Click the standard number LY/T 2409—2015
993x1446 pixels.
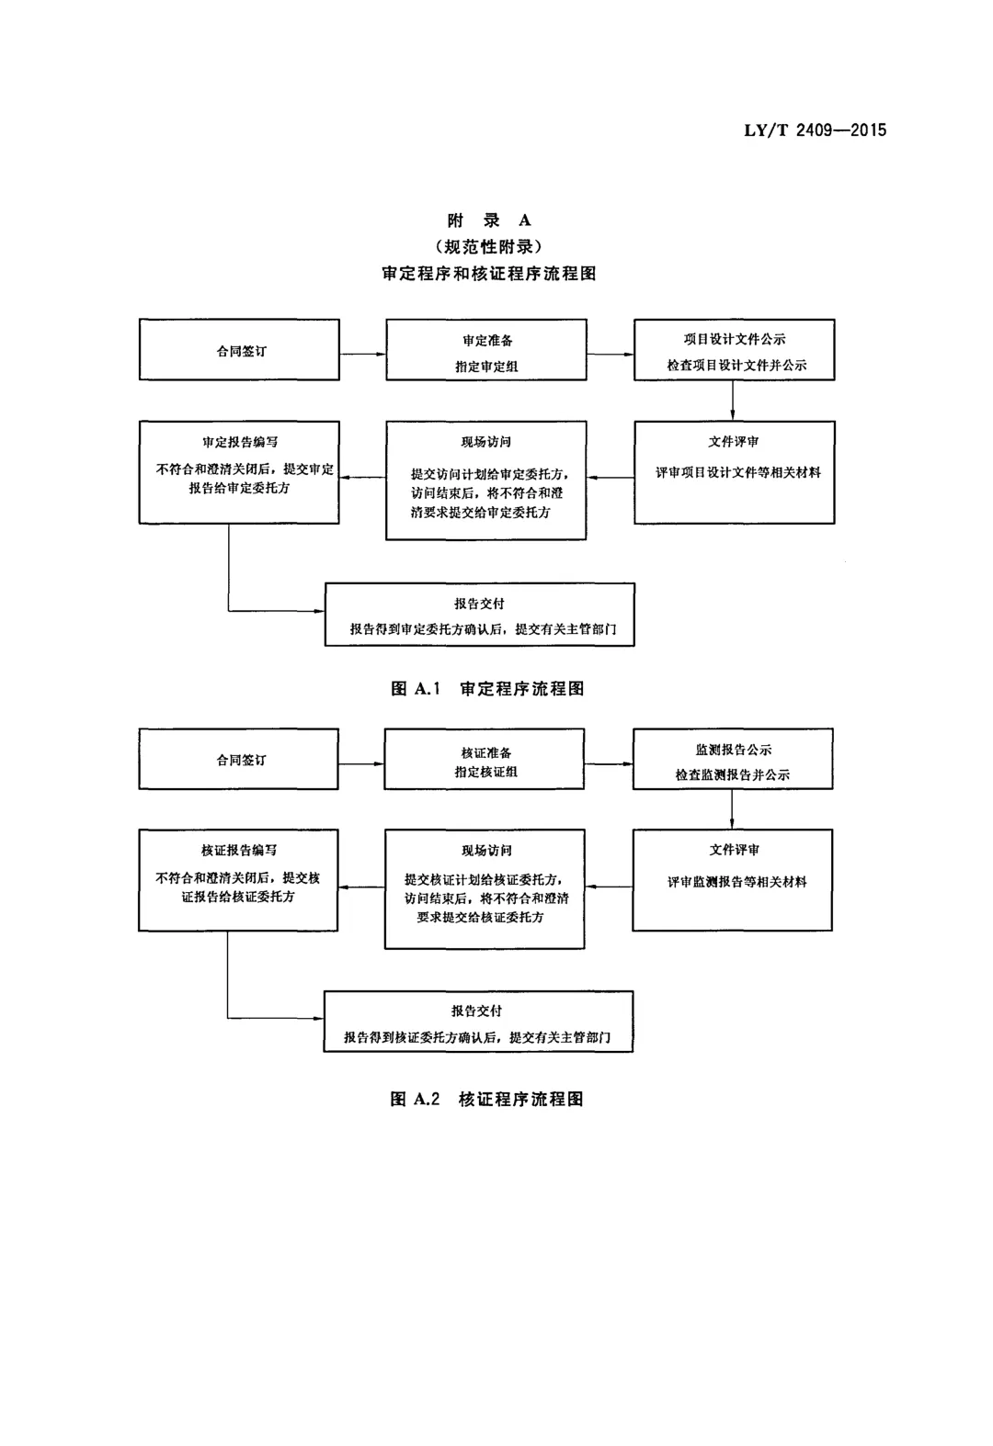[x=815, y=130]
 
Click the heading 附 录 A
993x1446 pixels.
[x=489, y=220]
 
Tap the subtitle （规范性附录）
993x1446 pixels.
[x=489, y=246]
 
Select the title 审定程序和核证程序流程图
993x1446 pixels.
[x=489, y=274]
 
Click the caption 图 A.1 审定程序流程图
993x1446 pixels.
[x=488, y=688]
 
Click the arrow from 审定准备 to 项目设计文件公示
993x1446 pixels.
[x=611, y=354]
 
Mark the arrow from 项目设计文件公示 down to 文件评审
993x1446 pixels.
[x=733, y=401]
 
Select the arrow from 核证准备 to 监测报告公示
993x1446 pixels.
[x=609, y=763]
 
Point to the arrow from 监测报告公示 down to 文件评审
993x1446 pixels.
[x=732, y=808]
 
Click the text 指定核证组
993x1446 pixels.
[x=485, y=772]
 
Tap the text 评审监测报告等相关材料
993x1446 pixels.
[x=737, y=881]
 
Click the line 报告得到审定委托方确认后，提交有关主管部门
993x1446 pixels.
[x=484, y=628]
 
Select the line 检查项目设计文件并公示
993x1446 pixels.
[x=737, y=365]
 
